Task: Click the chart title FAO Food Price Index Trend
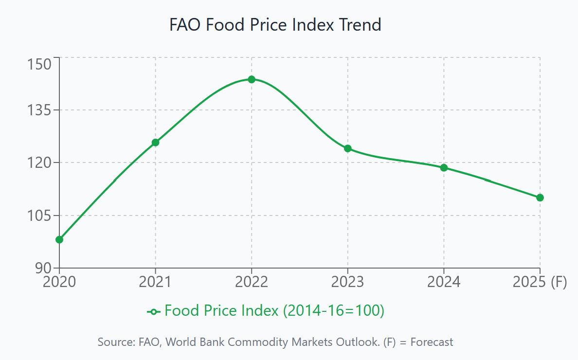[x=275, y=24]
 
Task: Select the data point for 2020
[x=59, y=239]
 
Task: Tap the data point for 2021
[x=155, y=143]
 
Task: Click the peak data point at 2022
[x=252, y=79]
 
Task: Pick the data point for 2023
[x=348, y=148]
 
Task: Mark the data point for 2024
[x=444, y=168]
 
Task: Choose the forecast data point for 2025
[x=540, y=198]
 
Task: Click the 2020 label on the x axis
[x=59, y=282]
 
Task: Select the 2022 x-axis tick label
[x=252, y=282]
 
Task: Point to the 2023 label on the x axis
[x=348, y=282]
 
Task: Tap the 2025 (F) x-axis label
[x=540, y=282]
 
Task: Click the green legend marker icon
[x=154, y=311]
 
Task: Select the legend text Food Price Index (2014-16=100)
[x=274, y=310]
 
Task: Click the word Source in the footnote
[x=114, y=342]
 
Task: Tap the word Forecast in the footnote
[x=432, y=342]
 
